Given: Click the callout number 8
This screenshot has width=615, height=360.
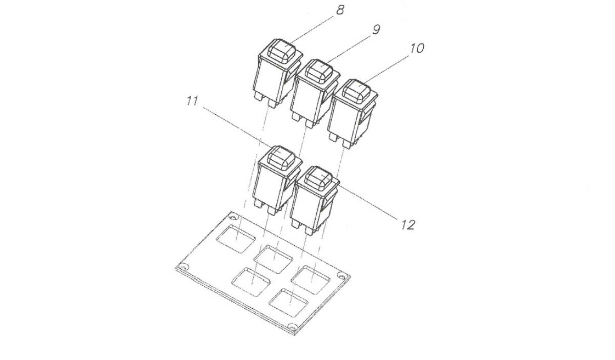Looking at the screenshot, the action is (340, 10).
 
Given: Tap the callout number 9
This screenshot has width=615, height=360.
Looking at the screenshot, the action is (376, 29).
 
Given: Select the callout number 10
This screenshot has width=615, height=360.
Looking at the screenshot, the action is (417, 48).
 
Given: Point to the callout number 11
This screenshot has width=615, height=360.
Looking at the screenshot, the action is (192, 101).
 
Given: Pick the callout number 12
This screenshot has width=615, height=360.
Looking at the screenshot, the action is (408, 225).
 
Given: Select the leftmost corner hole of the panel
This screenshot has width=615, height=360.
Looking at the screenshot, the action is (182, 266).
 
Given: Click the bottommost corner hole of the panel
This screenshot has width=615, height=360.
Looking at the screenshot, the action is (293, 327).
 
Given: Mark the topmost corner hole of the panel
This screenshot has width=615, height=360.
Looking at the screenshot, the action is (234, 217).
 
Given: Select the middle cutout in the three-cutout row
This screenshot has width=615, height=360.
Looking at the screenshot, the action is (273, 259).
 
